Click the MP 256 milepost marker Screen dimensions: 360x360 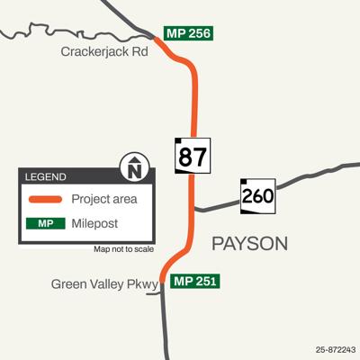[x=189, y=33]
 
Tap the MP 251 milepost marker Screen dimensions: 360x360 [x=193, y=281]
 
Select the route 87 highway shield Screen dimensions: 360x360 [x=191, y=156]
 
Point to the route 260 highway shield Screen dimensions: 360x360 [x=257, y=195]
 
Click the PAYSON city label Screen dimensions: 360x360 [x=248, y=243]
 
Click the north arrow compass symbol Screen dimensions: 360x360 [x=134, y=167]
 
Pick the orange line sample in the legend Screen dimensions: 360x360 [x=46, y=199]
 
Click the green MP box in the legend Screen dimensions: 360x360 [x=46, y=222]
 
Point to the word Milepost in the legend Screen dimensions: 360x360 [x=95, y=222]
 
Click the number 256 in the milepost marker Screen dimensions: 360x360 [x=199, y=33]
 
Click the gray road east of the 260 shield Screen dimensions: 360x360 [x=310, y=175]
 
